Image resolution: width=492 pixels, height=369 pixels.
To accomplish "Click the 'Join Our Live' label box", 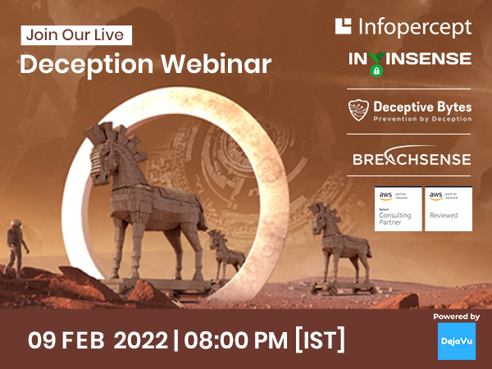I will click(75, 35).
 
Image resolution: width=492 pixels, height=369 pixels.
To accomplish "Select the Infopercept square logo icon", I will click(344, 26).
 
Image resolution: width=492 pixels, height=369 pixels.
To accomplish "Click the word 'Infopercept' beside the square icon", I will click(416, 27).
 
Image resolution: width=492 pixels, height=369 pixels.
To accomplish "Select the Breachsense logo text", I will click(412, 158).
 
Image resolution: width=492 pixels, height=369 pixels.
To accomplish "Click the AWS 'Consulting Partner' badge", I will click(399, 209).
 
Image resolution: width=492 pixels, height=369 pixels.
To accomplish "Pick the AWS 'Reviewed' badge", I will click(448, 209).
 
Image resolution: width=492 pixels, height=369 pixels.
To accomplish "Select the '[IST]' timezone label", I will click(319, 339).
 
